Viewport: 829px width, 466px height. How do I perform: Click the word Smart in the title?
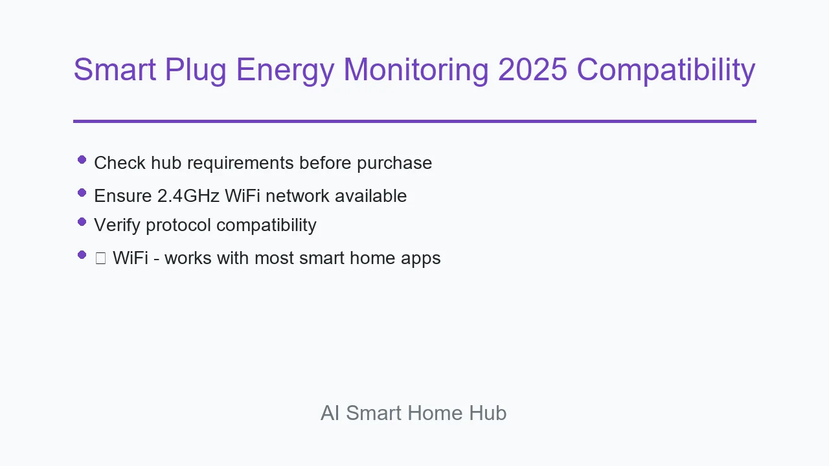pyautogui.click(x=115, y=69)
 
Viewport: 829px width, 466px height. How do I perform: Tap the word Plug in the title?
pyautogui.click(x=196, y=71)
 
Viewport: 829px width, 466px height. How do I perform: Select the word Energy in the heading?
pyautogui.click(x=285, y=71)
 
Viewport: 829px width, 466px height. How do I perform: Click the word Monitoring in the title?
pyautogui.click(x=416, y=71)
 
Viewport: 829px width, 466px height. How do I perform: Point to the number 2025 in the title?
pyautogui.click(x=532, y=69)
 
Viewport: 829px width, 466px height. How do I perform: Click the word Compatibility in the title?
pyautogui.click(x=666, y=71)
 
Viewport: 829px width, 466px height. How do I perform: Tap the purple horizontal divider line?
pyautogui.click(x=415, y=121)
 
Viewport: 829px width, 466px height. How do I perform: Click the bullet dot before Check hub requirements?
pyautogui.click(x=82, y=160)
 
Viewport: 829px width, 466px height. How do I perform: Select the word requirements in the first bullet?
pyautogui.click(x=240, y=164)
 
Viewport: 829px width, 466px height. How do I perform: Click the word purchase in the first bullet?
pyautogui.click(x=394, y=164)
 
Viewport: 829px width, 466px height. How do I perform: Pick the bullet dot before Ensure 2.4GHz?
pyautogui.click(x=82, y=193)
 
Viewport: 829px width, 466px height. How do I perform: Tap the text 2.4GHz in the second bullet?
pyautogui.click(x=188, y=195)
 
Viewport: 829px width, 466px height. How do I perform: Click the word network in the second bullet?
pyautogui.click(x=297, y=195)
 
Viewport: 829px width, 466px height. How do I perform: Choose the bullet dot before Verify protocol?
pyautogui.click(x=82, y=222)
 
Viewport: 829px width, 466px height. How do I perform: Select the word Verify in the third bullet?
pyautogui.click(x=117, y=225)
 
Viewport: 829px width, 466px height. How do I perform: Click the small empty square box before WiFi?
pyautogui.click(x=100, y=258)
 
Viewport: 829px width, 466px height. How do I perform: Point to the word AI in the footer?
pyautogui.click(x=330, y=413)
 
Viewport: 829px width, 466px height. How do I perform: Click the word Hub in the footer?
pyautogui.click(x=488, y=413)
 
